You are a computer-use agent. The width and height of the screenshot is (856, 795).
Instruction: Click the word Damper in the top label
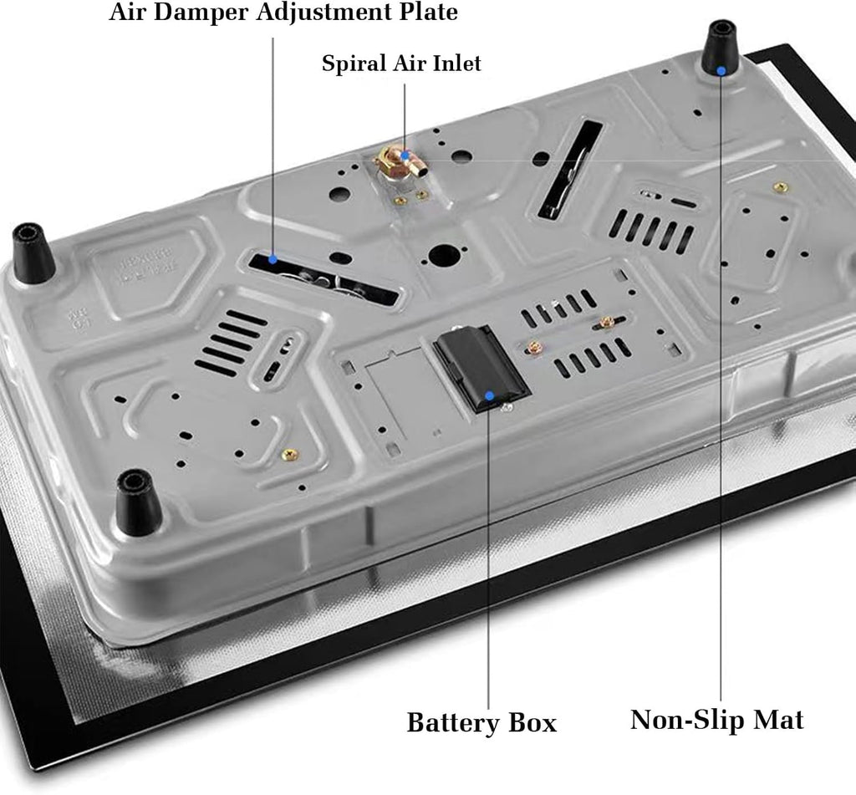(x=199, y=12)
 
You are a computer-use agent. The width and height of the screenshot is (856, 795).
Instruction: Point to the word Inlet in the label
(x=457, y=63)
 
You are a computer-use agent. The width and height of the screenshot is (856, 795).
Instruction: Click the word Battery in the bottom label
(x=452, y=723)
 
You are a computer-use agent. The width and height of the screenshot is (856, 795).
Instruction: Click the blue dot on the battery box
(x=490, y=396)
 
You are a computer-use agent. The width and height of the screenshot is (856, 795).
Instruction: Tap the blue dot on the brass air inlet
(x=405, y=155)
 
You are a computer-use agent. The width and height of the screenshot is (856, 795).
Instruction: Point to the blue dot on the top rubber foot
(x=721, y=70)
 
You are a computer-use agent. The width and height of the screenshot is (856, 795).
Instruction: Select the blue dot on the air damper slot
(x=273, y=259)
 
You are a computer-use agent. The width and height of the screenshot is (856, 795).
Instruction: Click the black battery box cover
(x=481, y=368)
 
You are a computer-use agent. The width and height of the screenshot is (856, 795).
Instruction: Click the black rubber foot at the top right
(x=721, y=50)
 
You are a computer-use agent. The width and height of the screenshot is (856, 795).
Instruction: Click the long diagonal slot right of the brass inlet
(x=570, y=169)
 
